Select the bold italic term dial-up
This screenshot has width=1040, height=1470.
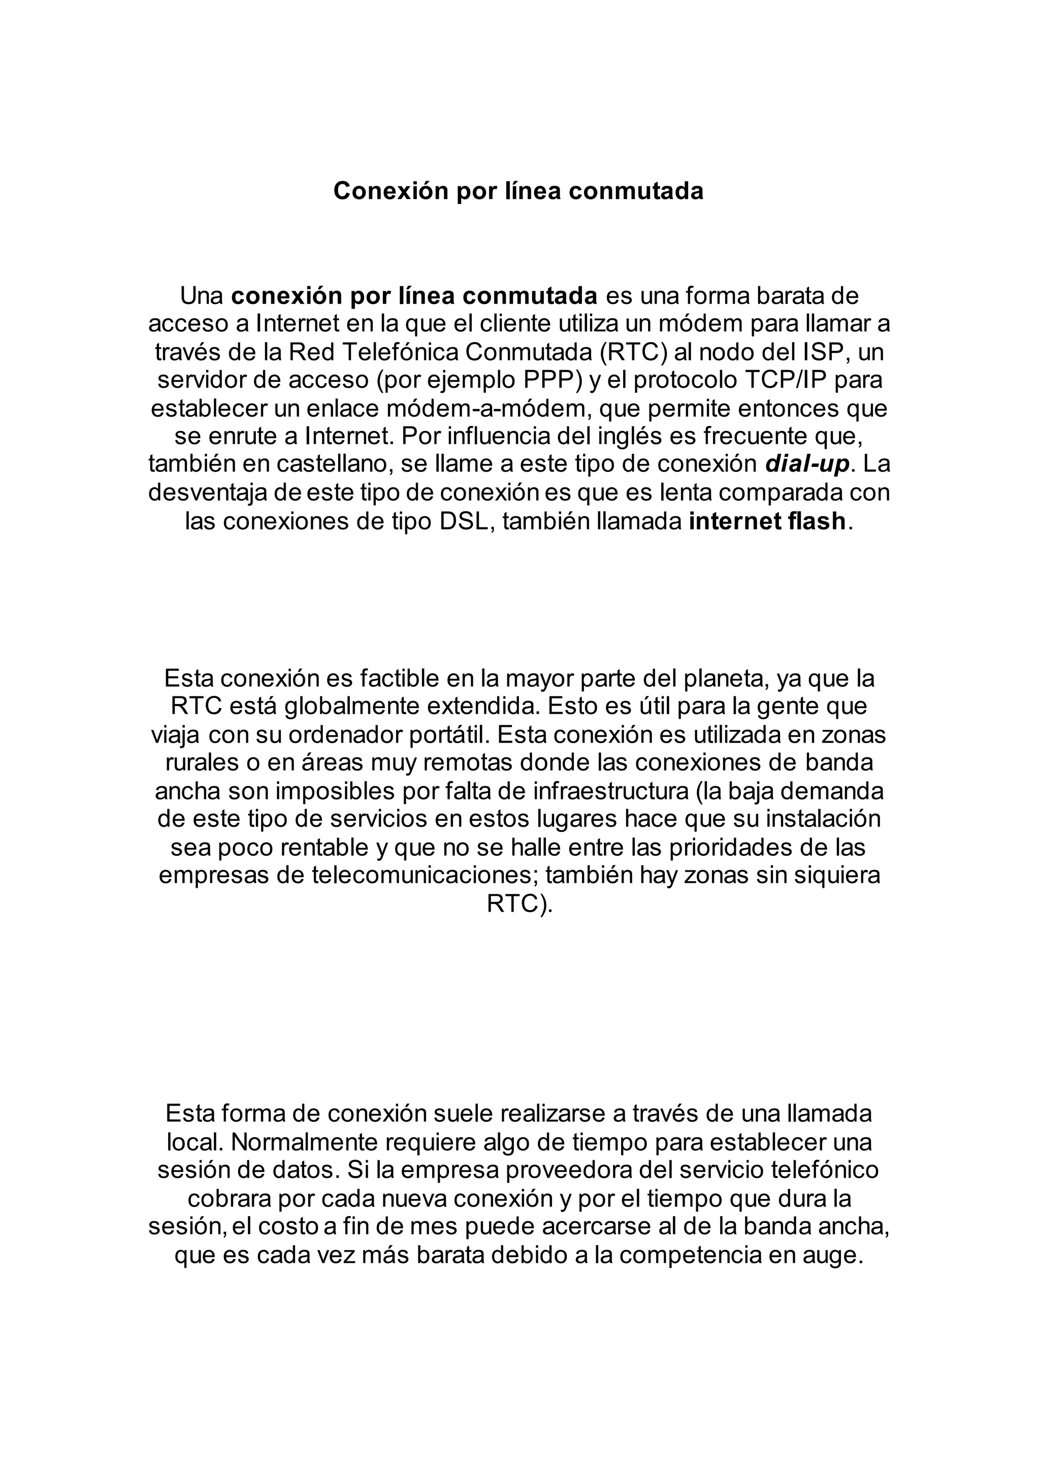coord(807,463)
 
